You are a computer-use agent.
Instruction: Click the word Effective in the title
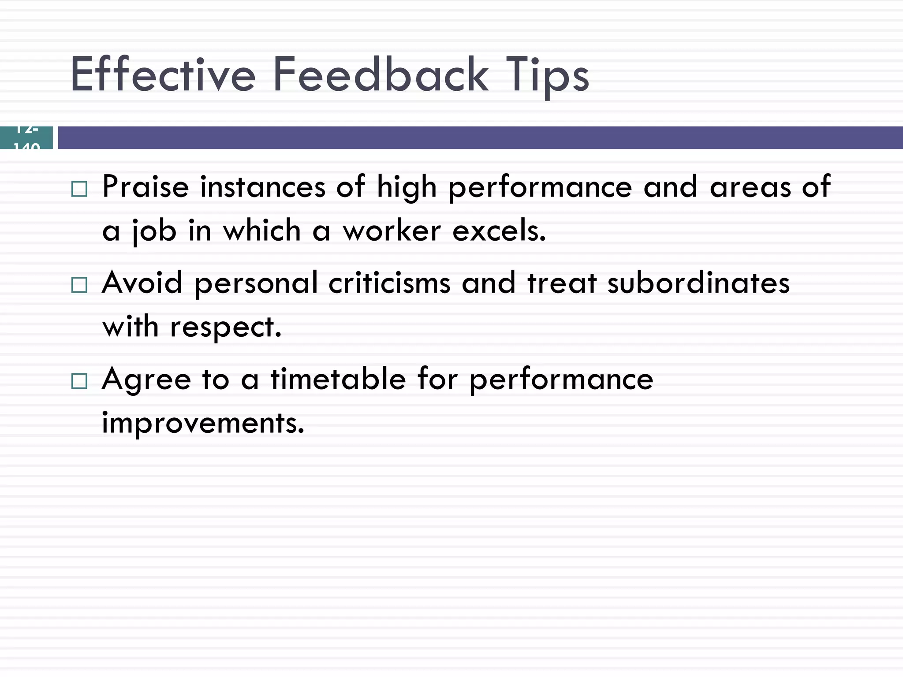tap(163, 75)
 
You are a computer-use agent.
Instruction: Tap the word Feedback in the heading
tap(381, 75)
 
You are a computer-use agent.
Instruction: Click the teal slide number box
tap(26, 138)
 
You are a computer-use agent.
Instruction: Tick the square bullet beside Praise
tap(79, 189)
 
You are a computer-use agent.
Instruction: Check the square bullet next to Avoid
tap(79, 285)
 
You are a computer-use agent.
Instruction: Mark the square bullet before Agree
tap(79, 381)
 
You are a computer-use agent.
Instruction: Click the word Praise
tap(146, 187)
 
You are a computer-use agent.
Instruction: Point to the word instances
tap(263, 187)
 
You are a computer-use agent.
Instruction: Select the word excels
tap(499, 231)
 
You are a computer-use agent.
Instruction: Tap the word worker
tap(392, 231)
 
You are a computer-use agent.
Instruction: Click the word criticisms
tap(389, 283)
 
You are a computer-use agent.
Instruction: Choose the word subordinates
tap(698, 283)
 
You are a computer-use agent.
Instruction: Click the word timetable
tap(338, 379)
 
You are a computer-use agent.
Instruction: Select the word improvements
tap(203, 423)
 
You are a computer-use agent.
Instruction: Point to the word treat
tap(562, 283)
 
